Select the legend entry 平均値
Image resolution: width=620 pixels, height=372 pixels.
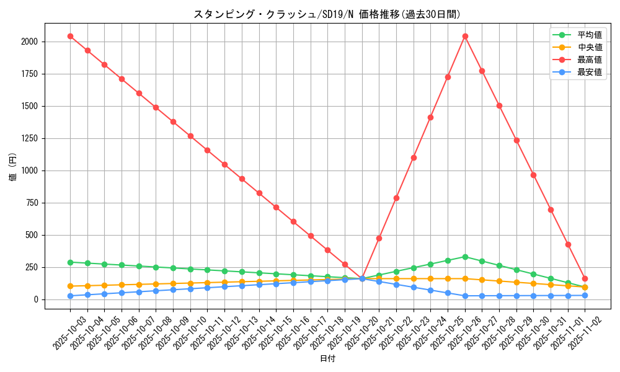coord(585,35)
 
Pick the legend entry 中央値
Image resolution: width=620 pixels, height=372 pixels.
coord(585,47)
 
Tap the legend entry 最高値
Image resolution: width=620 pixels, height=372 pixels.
coord(585,60)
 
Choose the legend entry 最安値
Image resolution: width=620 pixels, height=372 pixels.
coord(585,72)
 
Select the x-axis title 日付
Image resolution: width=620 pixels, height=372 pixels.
coord(327,359)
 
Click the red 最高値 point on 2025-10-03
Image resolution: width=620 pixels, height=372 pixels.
coord(70,36)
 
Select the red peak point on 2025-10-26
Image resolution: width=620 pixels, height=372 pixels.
coord(465,36)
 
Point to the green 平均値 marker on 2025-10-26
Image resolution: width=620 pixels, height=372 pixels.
coord(465,257)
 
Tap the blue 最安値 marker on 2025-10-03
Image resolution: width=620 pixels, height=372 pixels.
coord(70,296)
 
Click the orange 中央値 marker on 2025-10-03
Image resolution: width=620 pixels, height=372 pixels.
coord(70,286)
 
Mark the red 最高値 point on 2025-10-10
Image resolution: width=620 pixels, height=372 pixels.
coord(190,136)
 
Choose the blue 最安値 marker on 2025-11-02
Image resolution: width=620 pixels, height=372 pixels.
coord(585,296)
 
